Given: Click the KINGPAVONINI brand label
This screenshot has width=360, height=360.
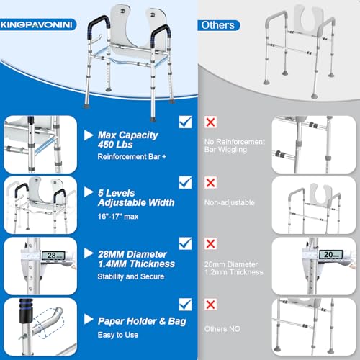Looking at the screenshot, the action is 37,24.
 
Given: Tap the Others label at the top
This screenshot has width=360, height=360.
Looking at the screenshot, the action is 218,25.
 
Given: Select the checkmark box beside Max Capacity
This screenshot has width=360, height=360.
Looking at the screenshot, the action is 185,122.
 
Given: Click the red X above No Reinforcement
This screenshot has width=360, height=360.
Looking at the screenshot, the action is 210,122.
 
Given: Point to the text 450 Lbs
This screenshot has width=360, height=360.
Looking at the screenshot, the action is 115,145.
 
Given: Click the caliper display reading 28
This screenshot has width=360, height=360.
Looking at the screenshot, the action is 53,256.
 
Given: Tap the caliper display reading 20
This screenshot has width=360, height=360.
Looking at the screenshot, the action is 330,254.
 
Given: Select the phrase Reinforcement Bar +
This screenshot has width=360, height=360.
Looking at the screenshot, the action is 132,157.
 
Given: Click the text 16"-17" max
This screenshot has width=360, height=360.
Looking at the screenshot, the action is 118,217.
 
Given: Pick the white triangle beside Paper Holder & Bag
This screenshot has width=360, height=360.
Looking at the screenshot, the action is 89,319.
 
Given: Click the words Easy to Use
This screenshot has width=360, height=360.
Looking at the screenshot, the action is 118,335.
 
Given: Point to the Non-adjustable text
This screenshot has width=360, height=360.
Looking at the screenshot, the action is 230,202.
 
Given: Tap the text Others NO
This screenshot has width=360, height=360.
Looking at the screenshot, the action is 222,329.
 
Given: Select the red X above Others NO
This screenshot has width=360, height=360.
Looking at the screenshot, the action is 210,305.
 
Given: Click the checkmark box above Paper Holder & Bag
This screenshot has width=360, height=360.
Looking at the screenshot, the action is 185,305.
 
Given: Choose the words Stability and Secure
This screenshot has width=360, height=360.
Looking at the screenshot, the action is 131,276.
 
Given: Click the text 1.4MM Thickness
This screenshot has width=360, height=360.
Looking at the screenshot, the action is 136,264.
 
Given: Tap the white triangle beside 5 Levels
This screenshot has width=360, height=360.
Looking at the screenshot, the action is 89,192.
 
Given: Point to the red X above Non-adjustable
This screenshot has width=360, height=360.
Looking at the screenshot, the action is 210,183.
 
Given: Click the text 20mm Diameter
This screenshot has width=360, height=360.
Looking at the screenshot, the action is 231,264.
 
